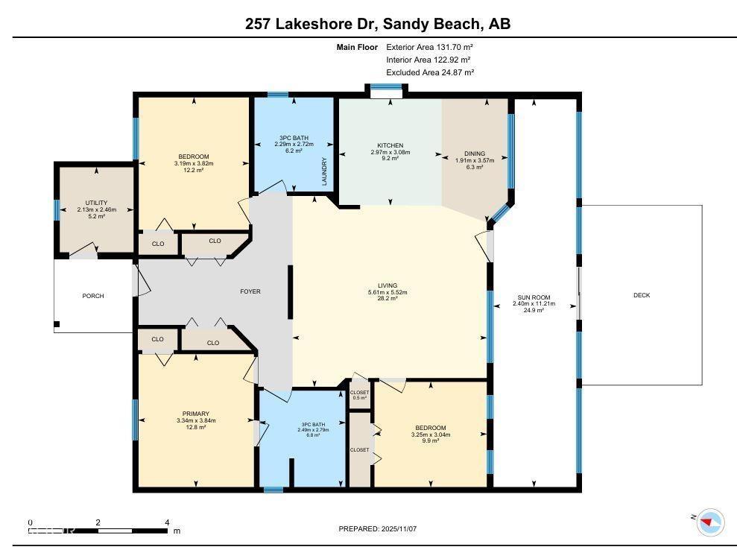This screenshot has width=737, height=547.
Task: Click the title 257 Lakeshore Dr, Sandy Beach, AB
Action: point(378,24)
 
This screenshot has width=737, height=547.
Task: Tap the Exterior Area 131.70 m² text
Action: point(430,46)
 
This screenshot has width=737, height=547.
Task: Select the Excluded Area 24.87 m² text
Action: point(430,72)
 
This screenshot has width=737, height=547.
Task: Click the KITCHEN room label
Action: point(390,145)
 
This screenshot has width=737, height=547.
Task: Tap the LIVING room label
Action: point(387,285)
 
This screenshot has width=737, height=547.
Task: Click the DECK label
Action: point(641,295)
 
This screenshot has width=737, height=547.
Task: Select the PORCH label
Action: point(93,296)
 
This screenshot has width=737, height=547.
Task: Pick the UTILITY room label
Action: point(96,203)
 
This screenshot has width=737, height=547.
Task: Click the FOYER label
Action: point(250,291)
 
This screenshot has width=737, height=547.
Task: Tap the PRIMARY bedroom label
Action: point(196,414)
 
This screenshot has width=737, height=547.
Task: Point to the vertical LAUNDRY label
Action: point(324,171)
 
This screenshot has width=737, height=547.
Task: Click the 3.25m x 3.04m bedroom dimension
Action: point(431,434)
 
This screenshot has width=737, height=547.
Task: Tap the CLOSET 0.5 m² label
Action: point(359,394)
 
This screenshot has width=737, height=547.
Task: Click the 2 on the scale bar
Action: point(98,522)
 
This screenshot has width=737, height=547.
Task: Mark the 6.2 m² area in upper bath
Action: point(294,151)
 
